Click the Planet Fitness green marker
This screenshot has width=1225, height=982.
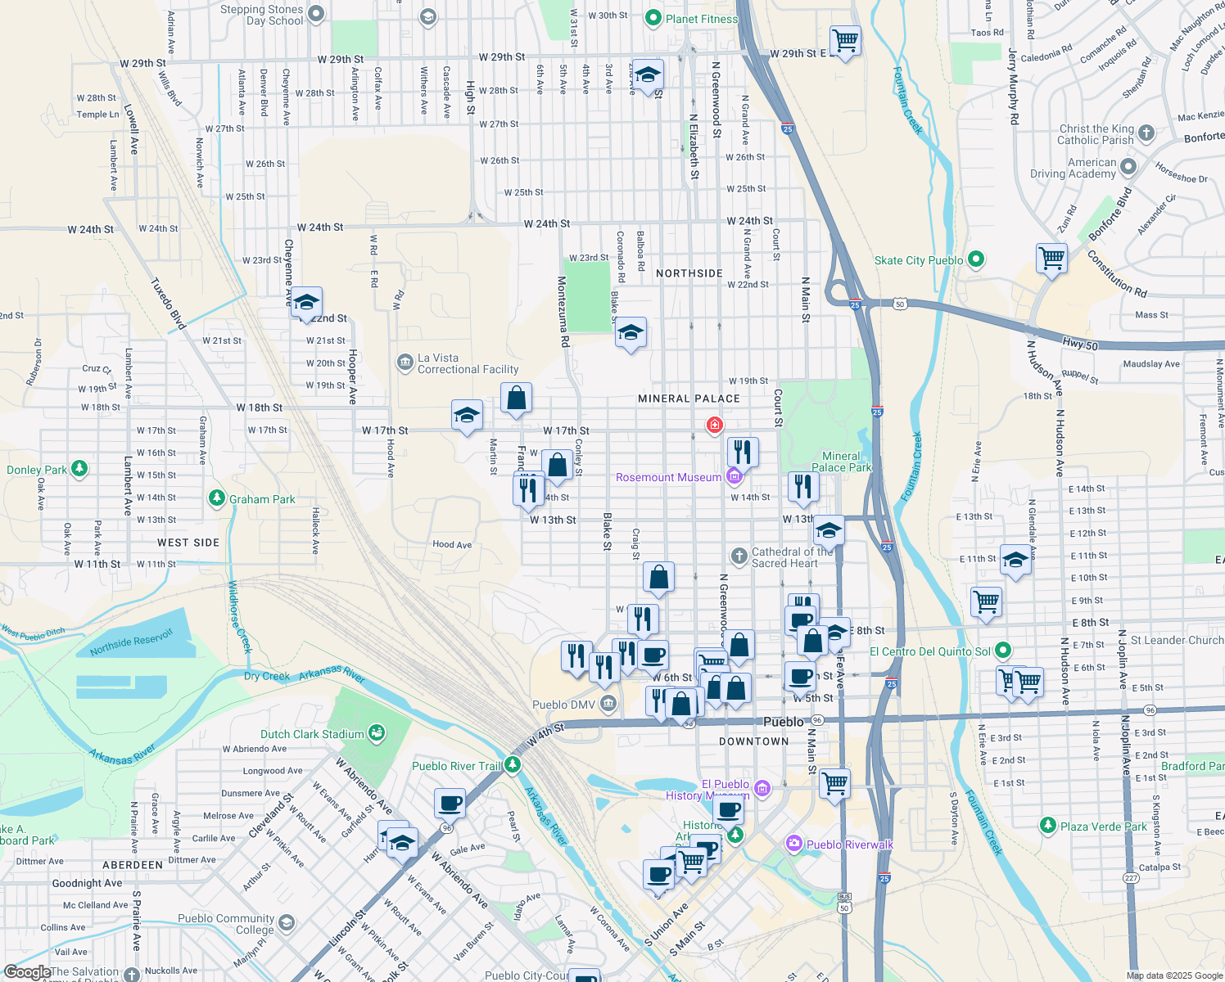pyautogui.click(x=653, y=17)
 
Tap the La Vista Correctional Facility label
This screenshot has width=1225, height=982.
pyautogui.click(x=468, y=364)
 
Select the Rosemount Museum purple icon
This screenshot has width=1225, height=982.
pyautogui.click(x=734, y=476)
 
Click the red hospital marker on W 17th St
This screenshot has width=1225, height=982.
pyautogui.click(x=715, y=425)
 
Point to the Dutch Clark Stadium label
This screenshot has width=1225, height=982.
pyautogui.click(x=312, y=734)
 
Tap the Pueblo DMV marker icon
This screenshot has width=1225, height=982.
pyautogui.click(x=608, y=704)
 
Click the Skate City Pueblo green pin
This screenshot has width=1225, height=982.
pyautogui.click(x=975, y=259)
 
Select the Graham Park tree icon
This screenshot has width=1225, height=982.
pyautogui.click(x=216, y=498)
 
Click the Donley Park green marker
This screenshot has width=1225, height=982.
pyautogui.click(x=79, y=469)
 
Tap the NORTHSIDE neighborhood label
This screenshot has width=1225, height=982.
pyautogui.click(x=689, y=273)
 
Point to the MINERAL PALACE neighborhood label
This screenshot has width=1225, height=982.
pyautogui.click(x=689, y=399)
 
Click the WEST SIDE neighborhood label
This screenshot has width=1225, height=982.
pyautogui.click(x=188, y=543)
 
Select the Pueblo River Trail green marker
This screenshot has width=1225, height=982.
pyautogui.click(x=513, y=765)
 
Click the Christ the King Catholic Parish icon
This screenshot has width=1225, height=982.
pyautogui.click(x=1146, y=133)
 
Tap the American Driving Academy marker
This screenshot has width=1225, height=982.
pyautogui.click(x=1128, y=167)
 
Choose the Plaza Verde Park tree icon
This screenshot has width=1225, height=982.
pyautogui.click(x=1048, y=825)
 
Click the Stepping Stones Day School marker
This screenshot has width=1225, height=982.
pyautogui.click(x=316, y=13)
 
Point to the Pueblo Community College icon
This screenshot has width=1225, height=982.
pyautogui.click(x=286, y=923)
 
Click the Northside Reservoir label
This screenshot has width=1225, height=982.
pyautogui.click(x=131, y=642)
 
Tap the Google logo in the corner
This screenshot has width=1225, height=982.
pyautogui.click(x=27, y=972)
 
